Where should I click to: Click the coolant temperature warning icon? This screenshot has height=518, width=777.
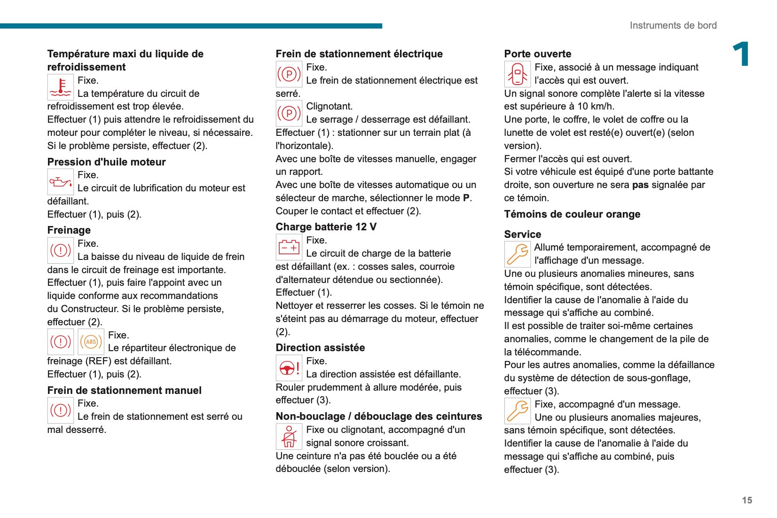(x=61, y=87)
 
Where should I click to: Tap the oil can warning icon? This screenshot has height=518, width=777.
(x=61, y=182)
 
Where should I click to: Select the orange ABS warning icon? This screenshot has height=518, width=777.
(x=91, y=342)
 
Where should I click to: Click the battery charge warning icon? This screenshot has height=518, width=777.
(x=289, y=247)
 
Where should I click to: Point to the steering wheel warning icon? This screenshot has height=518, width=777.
(x=289, y=368)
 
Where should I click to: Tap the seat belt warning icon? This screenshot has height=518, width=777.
(x=289, y=437)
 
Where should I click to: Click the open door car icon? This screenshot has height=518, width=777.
(x=517, y=74)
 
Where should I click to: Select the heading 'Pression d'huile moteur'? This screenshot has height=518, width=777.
(x=106, y=162)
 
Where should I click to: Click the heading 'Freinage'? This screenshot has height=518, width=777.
(x=69, y=230)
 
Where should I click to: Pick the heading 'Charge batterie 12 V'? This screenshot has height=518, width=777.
(x=326, y=227)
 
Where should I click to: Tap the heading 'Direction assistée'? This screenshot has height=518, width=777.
(x=320, y=347)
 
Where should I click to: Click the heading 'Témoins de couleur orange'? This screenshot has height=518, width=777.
(x=572, y=214)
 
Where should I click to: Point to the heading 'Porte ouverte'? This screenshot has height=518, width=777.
(x=537, y=54)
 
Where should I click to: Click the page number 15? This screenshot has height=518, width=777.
(x=747, y=500)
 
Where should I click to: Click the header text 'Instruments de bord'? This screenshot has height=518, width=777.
(x=673, y=25)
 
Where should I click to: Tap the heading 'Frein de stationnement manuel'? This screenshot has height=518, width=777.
(x=124, y=390)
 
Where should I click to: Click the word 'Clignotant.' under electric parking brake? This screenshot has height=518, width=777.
(x=329, y=106)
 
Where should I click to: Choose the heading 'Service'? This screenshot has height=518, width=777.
(x=522, y=234)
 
